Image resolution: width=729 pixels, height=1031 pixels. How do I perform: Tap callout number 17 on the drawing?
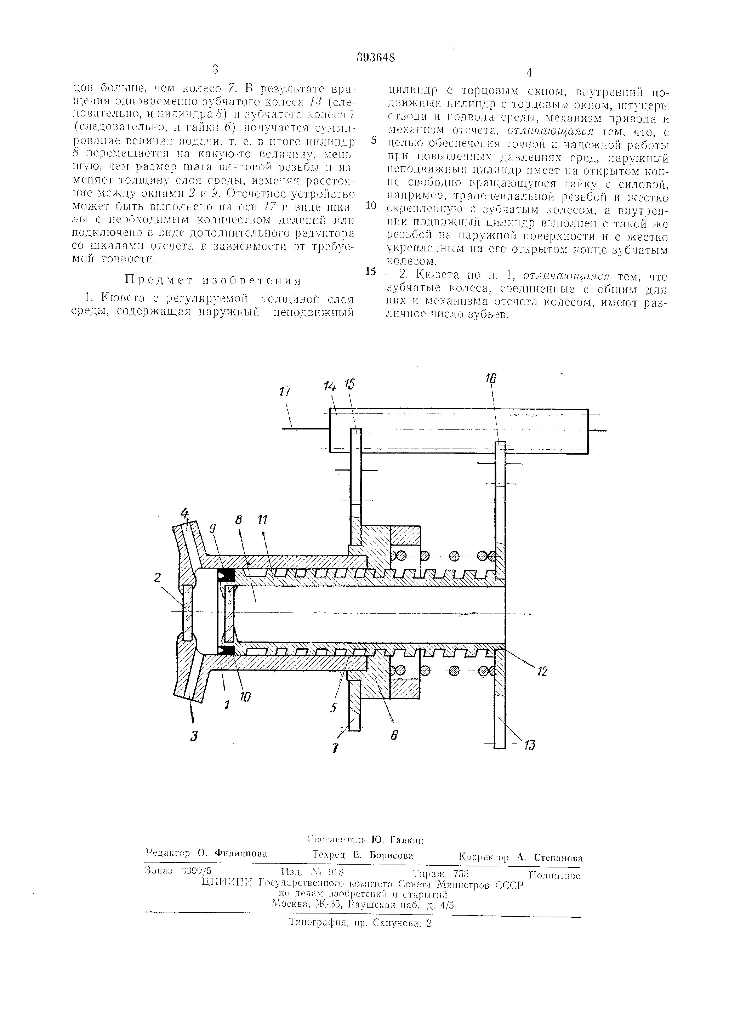284,392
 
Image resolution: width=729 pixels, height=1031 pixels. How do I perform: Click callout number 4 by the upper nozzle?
184,513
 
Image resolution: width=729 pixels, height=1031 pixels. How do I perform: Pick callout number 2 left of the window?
157,577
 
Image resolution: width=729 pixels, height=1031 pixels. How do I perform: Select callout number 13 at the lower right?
530,745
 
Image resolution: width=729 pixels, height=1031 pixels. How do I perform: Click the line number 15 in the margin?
371,271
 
